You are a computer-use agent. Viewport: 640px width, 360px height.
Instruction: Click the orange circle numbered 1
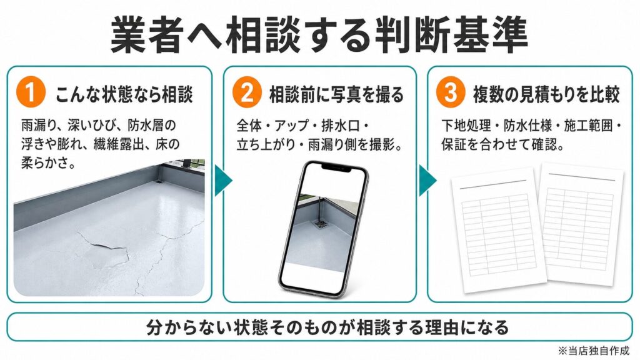31,92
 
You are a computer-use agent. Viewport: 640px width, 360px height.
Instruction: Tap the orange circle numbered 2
247,92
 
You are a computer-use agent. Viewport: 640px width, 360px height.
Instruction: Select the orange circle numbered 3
450,92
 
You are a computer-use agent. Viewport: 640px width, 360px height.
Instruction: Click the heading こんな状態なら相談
124,94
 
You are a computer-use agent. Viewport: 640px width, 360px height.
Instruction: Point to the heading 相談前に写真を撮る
336,94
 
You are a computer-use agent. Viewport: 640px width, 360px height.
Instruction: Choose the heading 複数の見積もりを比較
546,94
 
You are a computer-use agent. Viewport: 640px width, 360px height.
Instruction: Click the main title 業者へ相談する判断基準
319,36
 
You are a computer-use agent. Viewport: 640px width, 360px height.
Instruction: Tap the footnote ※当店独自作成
594,350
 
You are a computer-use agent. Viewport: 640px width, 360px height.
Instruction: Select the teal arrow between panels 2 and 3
427,180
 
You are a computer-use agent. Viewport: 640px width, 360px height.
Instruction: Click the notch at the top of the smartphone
336,167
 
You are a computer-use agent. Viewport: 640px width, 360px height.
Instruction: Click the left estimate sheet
498,231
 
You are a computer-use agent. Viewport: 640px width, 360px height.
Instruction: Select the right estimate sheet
581,224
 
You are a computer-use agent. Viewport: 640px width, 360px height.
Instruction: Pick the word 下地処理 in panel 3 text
466,125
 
